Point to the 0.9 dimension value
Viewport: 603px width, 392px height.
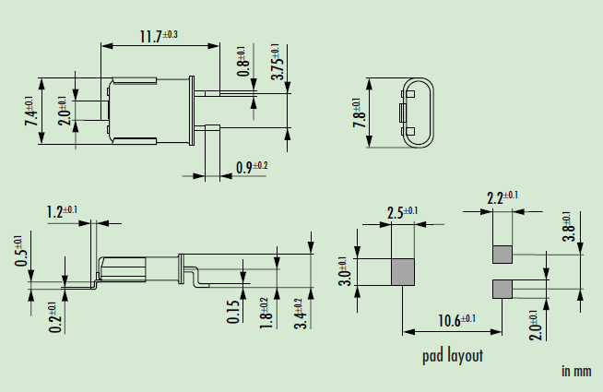[x=252, y=167]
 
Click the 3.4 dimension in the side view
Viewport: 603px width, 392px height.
[x=298, y=313]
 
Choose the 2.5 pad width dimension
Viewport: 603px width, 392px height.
[x=403, y=212]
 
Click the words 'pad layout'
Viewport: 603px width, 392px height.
[x=452, y=355]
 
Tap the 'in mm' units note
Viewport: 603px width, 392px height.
[x=575, y=371]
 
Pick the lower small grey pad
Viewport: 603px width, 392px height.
[x=502, y=289]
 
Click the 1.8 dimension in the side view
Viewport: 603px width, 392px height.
[x=264, y=312]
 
